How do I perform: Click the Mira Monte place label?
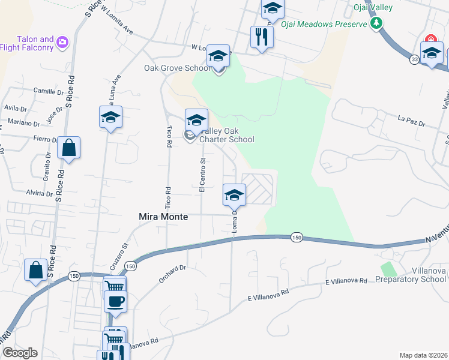click(164, 217)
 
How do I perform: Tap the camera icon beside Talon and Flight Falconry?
click(62, 43)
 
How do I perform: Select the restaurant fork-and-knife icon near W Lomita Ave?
click(262, 37)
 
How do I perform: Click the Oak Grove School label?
click(177, 68)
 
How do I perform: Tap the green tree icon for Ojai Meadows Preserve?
click(377, 23)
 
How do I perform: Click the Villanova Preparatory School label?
click(411, 275)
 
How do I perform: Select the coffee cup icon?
click(115, 301)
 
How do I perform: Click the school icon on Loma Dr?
click(234, 195)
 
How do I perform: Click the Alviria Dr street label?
click(40, 193)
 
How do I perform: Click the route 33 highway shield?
click(414, 59)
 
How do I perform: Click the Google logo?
click(19, 353)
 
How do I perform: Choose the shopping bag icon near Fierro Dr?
click(69, 148)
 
